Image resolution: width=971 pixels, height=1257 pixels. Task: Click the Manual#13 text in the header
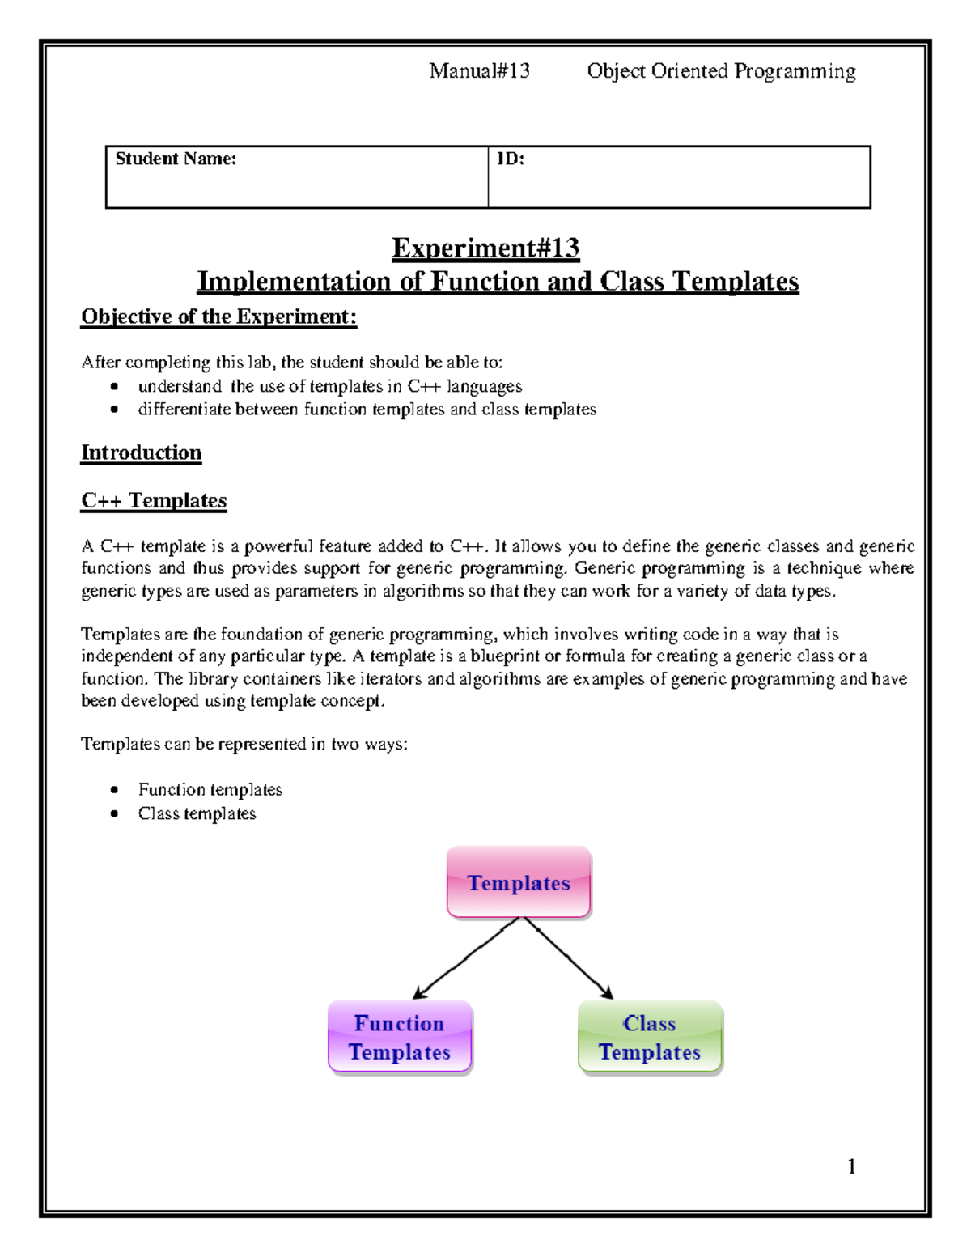pyautogui.click(x=479, y=71)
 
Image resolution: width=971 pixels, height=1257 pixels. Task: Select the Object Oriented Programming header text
pyautogui.click(x=721, y=71)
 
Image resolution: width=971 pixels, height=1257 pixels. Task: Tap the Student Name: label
pyautogui.click(x=176, y=159)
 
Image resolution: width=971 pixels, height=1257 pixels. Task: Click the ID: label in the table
pyautogui.click(x=510, y=159)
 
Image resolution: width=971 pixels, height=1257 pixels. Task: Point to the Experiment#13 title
pyautogui.click(x=485, y=248)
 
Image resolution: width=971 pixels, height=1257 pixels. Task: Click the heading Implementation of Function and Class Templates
pyautogui.click(x=498, y=282)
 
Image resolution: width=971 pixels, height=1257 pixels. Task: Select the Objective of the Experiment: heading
pyautogui.click(x=218, y=316)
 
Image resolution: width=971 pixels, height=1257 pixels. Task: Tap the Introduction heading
pyautogui.click(x=141, y=452)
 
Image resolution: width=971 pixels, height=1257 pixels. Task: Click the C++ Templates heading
pyautogui.click(x=154, y=500)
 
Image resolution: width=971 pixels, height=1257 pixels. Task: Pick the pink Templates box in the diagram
pyautogui.click(x=519, y=882)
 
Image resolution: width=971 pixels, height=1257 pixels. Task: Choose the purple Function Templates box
pyautogui.click(x=400, y=1037)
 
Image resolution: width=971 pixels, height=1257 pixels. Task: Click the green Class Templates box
pyautogui.click(x=650, y=1037)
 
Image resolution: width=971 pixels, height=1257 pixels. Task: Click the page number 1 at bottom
pyautogui.click(x=851, y=1166)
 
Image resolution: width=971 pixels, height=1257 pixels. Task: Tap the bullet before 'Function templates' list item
pyautogui.click(x=115, y=790)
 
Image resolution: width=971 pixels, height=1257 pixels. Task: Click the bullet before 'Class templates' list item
pyautogui.click(x=115, y=814)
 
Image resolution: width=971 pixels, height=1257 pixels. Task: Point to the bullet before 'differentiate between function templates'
pyautogui.click(x=115, y=410)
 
